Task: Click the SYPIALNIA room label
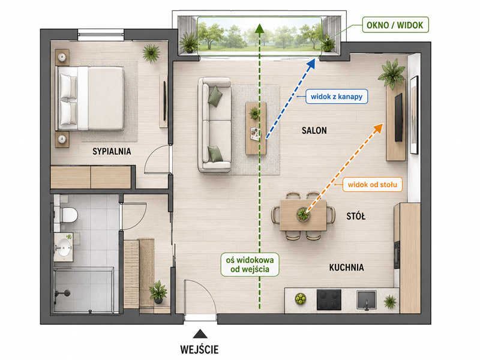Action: pyautogui.click(x=112, y=151)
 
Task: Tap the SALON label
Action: pyautogui.click(x=314, y=131)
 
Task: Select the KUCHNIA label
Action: pyautogui.click(x=347, y=268)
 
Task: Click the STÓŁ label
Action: pyautogui.click(x=356, y=217)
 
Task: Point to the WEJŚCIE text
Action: pyautogui.click(x=199, y=350)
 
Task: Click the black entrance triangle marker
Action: pyautogui.click(x=200, y=334)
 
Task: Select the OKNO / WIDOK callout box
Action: pyautogui.click(x=395, y=25)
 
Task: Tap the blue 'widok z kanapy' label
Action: pyautogui.click(x=337, y=97)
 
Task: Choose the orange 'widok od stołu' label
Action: pyautogui.click(x=372, y=185)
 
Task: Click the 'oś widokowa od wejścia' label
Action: pyautogui.click(x=250, y=265)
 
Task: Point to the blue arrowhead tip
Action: pyautogui.click(x=315, y=59)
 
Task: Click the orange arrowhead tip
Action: pyautogui.click(x=383, y=123)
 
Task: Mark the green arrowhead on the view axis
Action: pyautogui.click(x=260, y=28)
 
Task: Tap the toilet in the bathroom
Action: pyautogui.click(x=68, y=214)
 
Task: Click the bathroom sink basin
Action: pyautogui.click(x=64, y=247)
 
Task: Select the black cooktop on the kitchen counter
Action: pyautogui.click(x=329, y=299)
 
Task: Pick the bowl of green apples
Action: pyautogui.click(x=301, y=298)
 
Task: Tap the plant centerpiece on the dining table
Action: pyautogui.click(x=303, y=214)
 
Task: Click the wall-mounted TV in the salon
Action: pyautogui.click(x=398, y=118)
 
